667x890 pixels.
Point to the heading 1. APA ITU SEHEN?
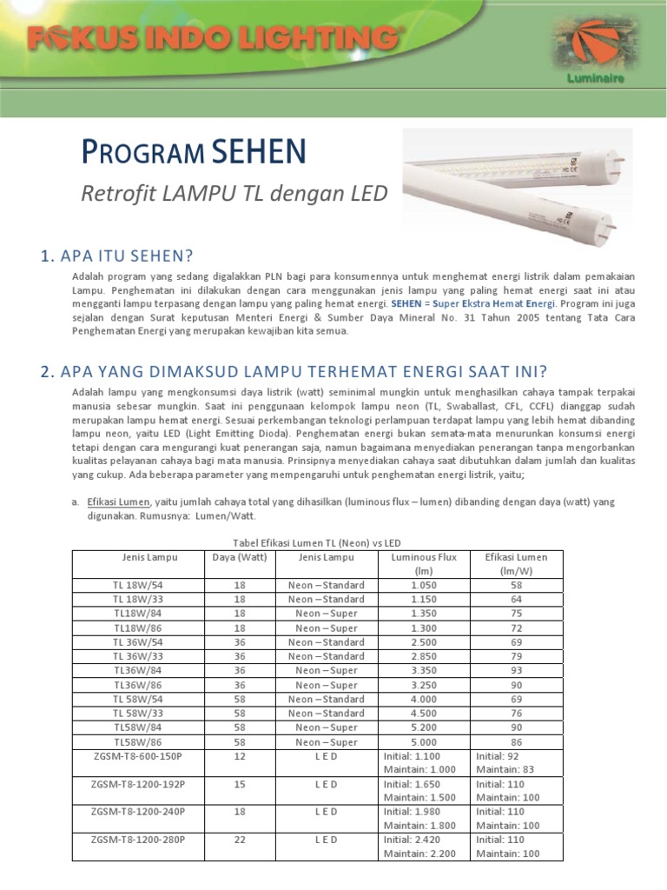[x=116, y=256]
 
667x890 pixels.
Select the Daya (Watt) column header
[x=240, y=557]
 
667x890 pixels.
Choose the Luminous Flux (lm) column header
[x=424, y=564]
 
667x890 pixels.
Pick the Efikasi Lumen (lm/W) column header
[x=516, y=564]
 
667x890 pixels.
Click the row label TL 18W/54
[x=138, y=585]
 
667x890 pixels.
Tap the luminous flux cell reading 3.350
[x=424, y=670]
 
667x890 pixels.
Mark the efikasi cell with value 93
[x=516, y=670]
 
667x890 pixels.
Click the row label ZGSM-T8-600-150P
[x=138, y=756]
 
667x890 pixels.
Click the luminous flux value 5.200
[x=424, y=727]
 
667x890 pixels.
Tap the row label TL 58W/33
[x=138, y=713]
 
